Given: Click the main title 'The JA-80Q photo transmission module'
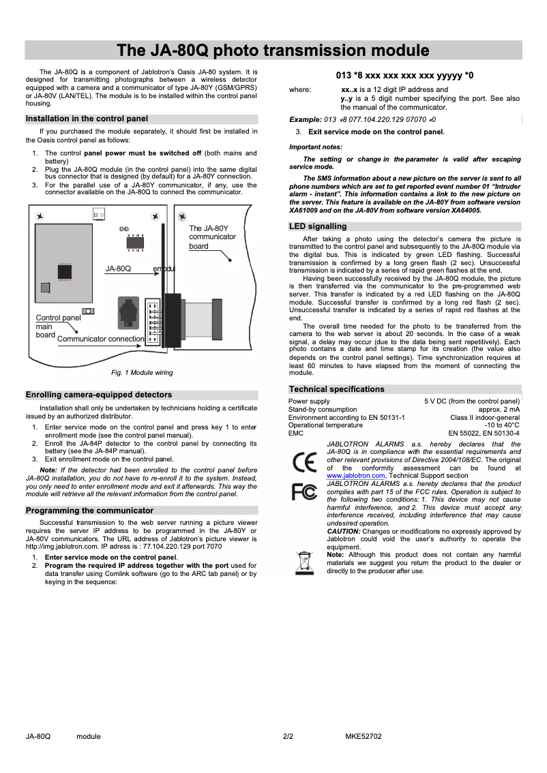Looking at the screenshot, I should (273, 50).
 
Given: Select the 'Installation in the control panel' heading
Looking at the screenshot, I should (86, 119).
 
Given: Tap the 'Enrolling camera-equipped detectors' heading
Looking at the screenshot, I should (98, 395).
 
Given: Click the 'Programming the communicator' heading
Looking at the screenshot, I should (89, 510).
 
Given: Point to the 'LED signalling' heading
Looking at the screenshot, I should (318, 226).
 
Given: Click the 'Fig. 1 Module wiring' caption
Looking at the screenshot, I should (142, 373).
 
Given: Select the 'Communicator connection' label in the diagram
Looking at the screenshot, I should (101, 339).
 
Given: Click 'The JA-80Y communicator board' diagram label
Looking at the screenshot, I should (212, 237).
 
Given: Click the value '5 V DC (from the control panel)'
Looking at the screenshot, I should (471, 401).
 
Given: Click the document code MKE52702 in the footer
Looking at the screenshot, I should (363, 736).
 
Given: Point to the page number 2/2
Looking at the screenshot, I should (288, 736).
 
